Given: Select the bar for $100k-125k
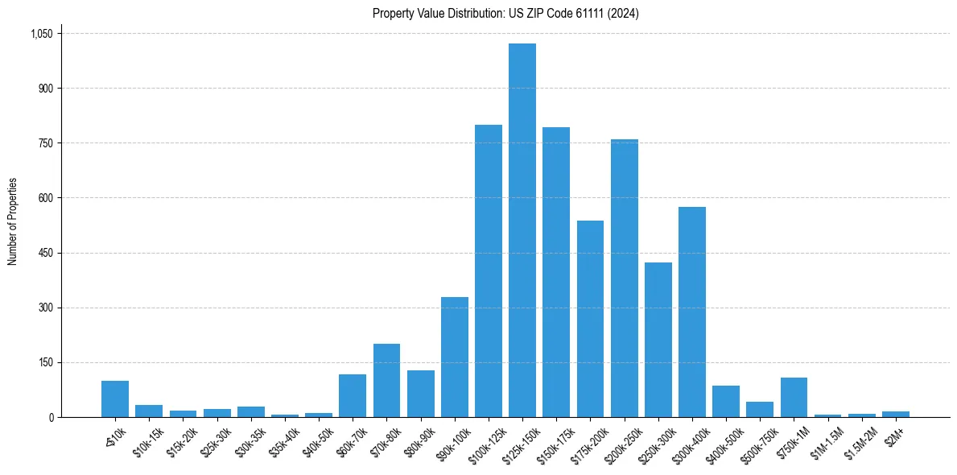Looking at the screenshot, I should click(x=488, y=271).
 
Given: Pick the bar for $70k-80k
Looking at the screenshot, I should click(x=386, y=381).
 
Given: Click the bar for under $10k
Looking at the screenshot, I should click(x=115, y=399).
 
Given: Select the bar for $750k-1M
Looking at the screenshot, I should click(x=794, y=398).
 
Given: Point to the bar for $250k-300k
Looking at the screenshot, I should click(x=658, y=340).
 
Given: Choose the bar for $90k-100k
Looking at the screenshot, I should click(x=454, y=357).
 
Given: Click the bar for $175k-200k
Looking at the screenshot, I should click(x=590, y=319).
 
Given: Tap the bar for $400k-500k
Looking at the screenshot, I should click(x=725, y=402).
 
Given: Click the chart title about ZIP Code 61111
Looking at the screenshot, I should click(x=505, y=13).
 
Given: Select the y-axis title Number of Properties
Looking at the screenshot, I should click(x=12, y=221).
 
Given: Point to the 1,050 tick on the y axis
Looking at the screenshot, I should click(x=41, y=34).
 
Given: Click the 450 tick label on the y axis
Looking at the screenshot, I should click(x=45, y=253).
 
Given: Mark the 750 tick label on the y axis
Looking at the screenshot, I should click(x=45, y=143).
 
